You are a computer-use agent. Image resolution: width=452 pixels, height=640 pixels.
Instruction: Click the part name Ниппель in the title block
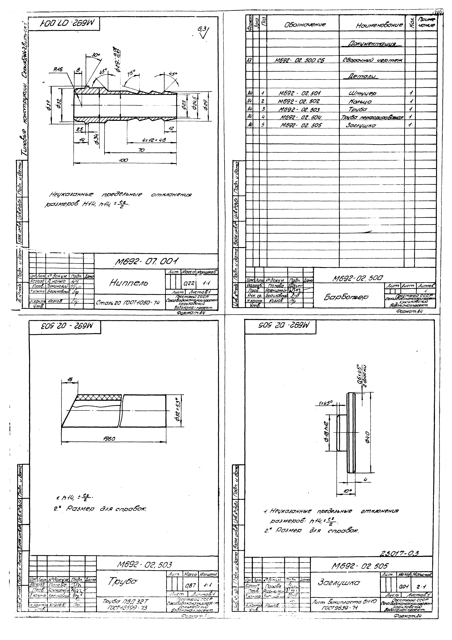coord(128,283)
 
